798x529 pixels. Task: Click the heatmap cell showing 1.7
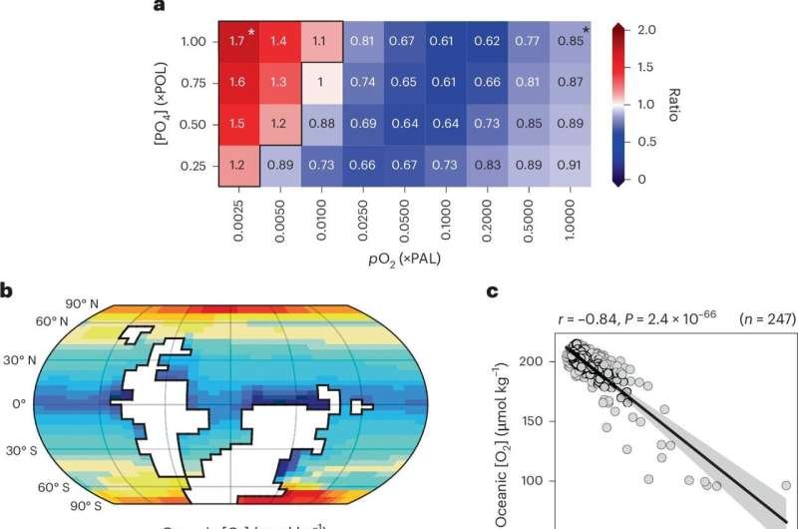[237, 41]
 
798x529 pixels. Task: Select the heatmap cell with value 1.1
[320, 41]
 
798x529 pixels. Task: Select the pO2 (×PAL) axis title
[405, 258]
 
